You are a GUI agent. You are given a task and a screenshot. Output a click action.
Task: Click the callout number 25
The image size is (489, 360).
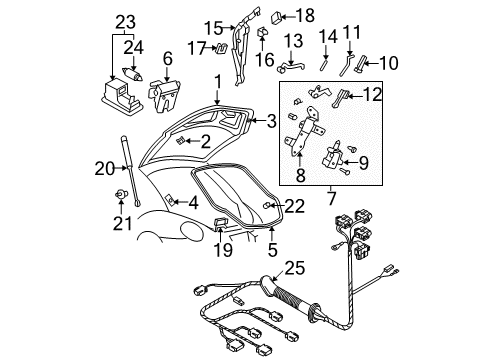[x=295, y=268]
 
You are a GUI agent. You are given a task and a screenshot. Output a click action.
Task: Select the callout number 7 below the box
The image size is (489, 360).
[x=331, y=198]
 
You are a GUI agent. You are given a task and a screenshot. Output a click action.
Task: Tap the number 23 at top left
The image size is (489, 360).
[x=125, y=22]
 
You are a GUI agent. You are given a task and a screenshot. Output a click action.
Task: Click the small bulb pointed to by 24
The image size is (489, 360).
[x=133, y=74]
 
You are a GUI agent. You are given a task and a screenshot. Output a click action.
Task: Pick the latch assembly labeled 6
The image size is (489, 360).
[x=164, y=96]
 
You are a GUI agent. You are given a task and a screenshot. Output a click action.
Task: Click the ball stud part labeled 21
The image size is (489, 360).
[x=121, y=193]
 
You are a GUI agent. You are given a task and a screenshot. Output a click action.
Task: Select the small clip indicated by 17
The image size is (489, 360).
[x=222, y=48]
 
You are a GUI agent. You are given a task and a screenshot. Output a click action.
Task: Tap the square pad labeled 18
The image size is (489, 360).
[x=277, y=17]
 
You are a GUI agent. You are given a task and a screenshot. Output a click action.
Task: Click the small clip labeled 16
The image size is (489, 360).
[x=262, y=32]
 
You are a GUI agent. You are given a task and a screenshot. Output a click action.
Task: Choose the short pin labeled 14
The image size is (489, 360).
[x=324, y=64]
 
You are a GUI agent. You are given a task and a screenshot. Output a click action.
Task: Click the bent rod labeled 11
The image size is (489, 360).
[x=346, y=66]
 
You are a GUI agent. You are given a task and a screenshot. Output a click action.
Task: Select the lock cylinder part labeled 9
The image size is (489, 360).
[x=333, y=157]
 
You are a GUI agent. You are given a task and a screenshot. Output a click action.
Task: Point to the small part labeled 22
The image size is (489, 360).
[x=268, y=206]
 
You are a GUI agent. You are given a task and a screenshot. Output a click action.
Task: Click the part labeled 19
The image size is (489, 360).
[x=221, y=222]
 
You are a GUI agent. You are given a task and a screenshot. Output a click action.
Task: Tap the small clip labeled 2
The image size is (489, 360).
[x=180, y=141]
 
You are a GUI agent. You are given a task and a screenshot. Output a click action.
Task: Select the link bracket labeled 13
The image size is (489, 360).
[x=291, y=67]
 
